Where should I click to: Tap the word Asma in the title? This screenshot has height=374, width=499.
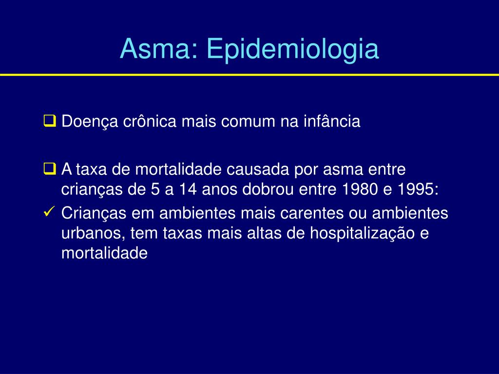[155, 48]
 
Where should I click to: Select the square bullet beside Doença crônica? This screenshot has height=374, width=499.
[50, 121]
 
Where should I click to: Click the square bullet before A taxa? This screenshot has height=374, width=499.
[50, 169]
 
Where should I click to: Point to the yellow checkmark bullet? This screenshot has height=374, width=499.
[49, 212]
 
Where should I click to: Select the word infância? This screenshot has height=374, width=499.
[332, 121]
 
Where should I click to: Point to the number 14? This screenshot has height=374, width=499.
[188, 189]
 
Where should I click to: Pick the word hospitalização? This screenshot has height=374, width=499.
[362, 234]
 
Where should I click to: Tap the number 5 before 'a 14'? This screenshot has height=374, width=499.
[155, 189]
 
